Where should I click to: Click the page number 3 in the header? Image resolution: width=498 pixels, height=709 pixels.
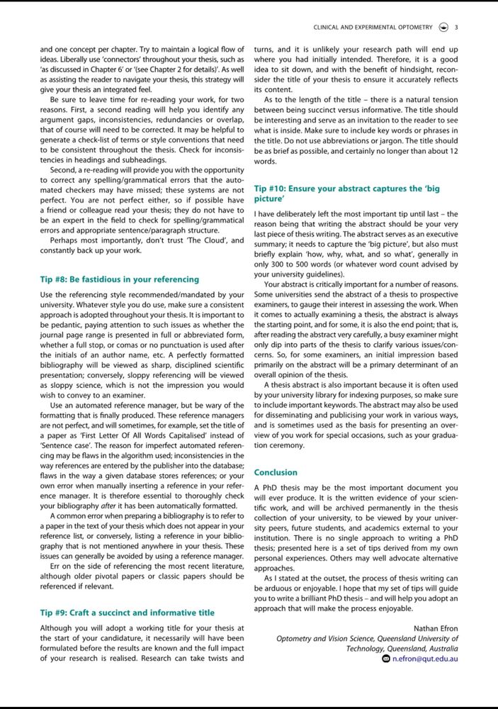(456, 28)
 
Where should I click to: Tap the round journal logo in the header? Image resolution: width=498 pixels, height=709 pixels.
(443, 28)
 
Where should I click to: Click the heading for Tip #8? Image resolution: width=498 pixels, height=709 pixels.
(119, 279)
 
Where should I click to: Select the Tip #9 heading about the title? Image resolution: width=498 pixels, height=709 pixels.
(127, 613)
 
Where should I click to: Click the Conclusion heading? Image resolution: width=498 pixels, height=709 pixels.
(276, 472)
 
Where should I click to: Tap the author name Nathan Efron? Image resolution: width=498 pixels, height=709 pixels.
(435, 628)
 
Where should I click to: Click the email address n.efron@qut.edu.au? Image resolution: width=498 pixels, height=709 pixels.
(424, 659)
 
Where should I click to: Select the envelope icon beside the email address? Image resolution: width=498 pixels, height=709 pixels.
(385, 659)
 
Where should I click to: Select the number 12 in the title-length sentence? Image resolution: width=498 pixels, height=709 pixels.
(453, 152)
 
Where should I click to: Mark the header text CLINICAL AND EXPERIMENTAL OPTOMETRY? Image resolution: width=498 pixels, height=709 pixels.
(373, 28)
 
